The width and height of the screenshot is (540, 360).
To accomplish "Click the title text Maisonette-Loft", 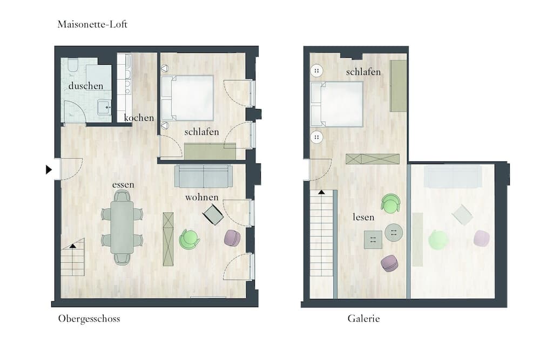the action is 92,24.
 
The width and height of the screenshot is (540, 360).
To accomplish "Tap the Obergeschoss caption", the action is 89,318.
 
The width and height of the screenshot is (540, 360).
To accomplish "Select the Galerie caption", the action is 363,318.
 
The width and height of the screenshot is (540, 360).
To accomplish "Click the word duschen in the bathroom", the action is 86,86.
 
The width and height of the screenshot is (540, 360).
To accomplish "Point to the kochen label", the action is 139,118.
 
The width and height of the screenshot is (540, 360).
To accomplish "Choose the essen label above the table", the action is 123,185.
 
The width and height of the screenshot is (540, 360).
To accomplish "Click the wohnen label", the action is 202,197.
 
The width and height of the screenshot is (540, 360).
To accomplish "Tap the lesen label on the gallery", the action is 363,217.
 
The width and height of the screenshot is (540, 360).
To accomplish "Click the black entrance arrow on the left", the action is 49,169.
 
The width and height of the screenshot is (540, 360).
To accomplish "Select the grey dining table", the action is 122,227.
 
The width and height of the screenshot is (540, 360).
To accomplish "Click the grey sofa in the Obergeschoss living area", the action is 204,176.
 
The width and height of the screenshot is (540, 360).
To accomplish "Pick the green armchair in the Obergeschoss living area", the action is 188,239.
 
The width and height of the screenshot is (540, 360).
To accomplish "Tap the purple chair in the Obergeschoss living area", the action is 232,238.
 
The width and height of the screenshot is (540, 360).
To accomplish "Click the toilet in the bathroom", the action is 73,66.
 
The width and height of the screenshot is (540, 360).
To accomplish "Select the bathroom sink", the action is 104,107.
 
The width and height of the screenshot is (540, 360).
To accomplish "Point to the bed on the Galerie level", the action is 337,104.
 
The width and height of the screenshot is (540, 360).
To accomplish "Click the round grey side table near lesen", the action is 394,232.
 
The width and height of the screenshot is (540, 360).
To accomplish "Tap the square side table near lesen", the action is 373,240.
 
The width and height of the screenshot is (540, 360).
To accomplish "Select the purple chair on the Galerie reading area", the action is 389,263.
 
